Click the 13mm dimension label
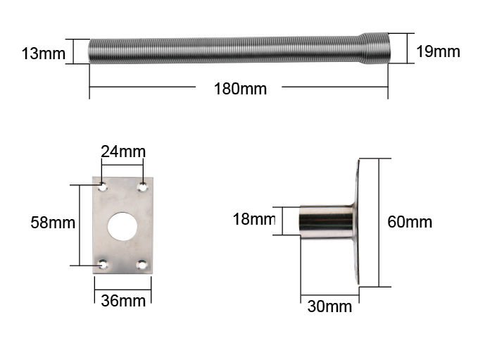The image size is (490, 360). (44, 54)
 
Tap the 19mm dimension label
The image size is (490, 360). (438, 51)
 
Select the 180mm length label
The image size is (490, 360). (240, 89)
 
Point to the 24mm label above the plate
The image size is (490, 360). (123, 151)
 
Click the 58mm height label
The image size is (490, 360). (53, 223)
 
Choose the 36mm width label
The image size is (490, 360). (123, 301)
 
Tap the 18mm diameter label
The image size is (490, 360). (254, 219)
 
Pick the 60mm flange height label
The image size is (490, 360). (410, 222)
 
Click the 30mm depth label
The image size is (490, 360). (329, 306)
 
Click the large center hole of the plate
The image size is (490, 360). (122, 226)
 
